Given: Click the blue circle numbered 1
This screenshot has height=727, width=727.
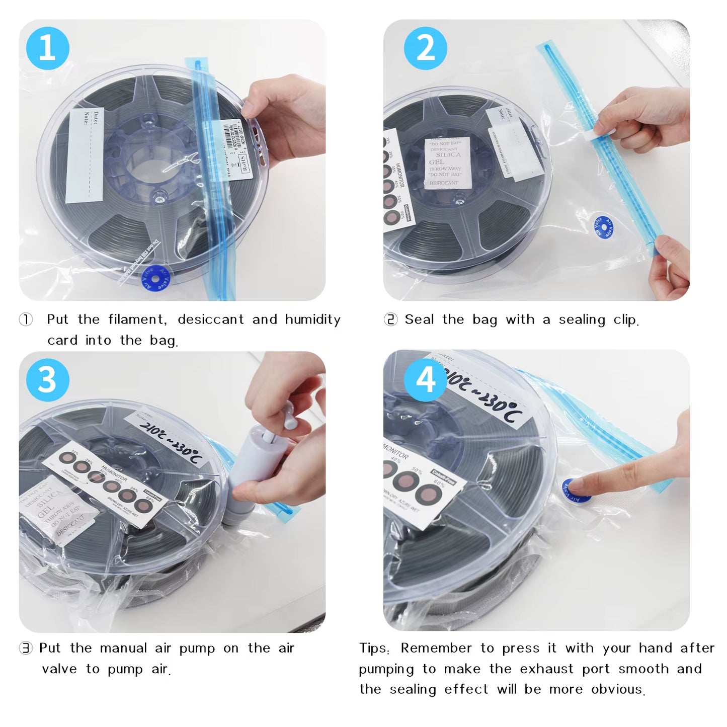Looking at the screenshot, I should click(47, 48).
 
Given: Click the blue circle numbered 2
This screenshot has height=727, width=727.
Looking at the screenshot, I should click(426, 48).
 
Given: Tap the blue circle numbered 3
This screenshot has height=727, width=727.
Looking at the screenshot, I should click(47, 380).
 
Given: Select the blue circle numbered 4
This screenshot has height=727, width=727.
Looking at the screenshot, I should click(426, 380).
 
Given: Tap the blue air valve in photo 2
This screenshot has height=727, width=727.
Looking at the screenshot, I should click(603, 227).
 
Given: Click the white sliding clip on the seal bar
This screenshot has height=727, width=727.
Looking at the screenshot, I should click(602, 132).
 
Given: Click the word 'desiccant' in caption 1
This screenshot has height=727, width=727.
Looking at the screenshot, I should click(210, 320).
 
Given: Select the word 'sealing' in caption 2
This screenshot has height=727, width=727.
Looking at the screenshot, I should click(582, 320).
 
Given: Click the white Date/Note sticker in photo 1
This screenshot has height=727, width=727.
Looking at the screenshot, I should click(85, 154).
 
